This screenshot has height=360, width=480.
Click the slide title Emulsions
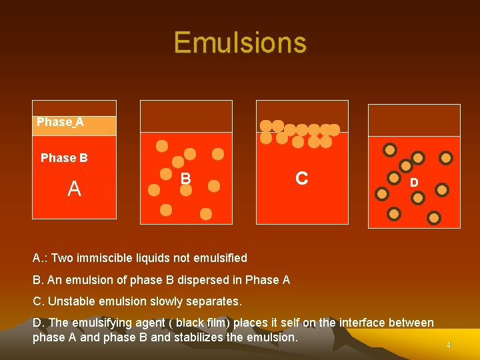point(240,43)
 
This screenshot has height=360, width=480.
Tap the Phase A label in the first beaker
point(60,122)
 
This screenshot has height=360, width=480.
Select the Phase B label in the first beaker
point(64,158)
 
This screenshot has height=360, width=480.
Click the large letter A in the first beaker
point(74,189)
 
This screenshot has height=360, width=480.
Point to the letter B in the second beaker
point(187,178)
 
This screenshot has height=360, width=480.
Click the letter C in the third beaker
point(301,178)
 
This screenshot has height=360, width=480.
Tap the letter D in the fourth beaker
point(414,182)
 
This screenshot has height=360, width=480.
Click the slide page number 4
point(449,345)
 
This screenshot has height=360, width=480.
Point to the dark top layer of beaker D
point(414,120)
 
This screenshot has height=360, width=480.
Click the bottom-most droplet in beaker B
point(206,214)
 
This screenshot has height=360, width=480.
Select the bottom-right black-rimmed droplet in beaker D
point(434,217)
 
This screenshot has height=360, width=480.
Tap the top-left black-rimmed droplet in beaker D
point(390,149)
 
